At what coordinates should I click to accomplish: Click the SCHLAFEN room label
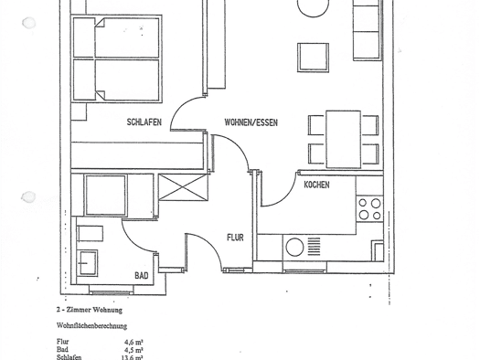144,122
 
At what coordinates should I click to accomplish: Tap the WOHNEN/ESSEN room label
251,122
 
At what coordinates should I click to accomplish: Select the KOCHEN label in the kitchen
316,185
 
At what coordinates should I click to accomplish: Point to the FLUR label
235,238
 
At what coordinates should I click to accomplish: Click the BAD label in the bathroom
142,276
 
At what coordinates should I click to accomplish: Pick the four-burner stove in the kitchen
369,209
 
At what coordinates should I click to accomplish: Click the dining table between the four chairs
343,140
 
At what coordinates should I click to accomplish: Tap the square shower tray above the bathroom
105,196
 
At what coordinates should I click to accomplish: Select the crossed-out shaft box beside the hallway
183,187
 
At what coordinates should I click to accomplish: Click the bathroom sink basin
88,263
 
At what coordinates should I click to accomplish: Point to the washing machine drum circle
294,247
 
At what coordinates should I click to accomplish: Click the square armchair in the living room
313,58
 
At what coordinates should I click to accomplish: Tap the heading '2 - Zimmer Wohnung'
90,310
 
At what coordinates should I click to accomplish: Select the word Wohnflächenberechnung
91,326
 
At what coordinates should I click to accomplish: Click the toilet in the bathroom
90,234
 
